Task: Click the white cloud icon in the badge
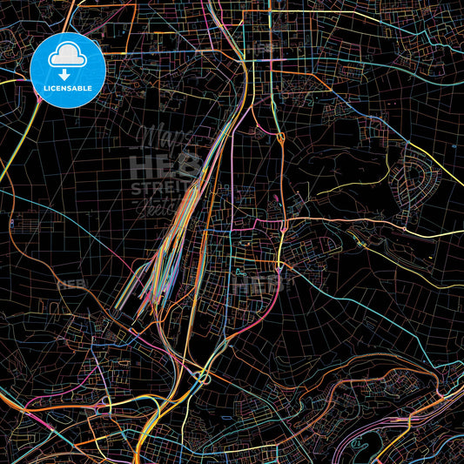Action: (x=68, y=55)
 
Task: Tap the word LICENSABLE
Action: (x=68, y=88)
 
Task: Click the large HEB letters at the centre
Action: (x=165, y=165)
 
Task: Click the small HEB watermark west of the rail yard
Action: (x=71, y=284)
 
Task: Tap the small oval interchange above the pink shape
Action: (x=279, y=138)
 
